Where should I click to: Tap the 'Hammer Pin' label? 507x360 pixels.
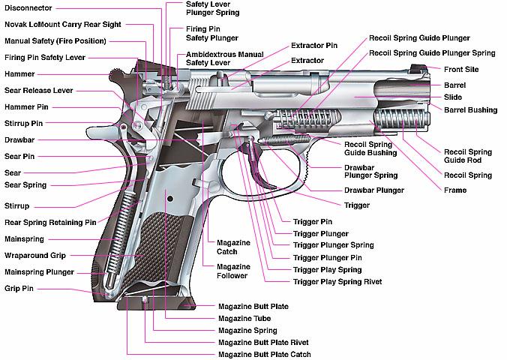click(x=27, y=107)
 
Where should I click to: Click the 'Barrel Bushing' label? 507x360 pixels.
click(x=470, y=110)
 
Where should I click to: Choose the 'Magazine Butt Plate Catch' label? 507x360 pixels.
click(x=264, y=354)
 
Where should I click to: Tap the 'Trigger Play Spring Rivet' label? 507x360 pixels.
click(x=337, y=282)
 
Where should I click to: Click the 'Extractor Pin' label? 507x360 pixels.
click(x=314, y=46)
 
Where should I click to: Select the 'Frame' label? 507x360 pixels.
click(x=455, y=190)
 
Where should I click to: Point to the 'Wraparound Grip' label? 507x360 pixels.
click(x=35, y=255)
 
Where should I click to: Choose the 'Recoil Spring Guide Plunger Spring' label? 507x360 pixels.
click(x=431, y=52)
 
